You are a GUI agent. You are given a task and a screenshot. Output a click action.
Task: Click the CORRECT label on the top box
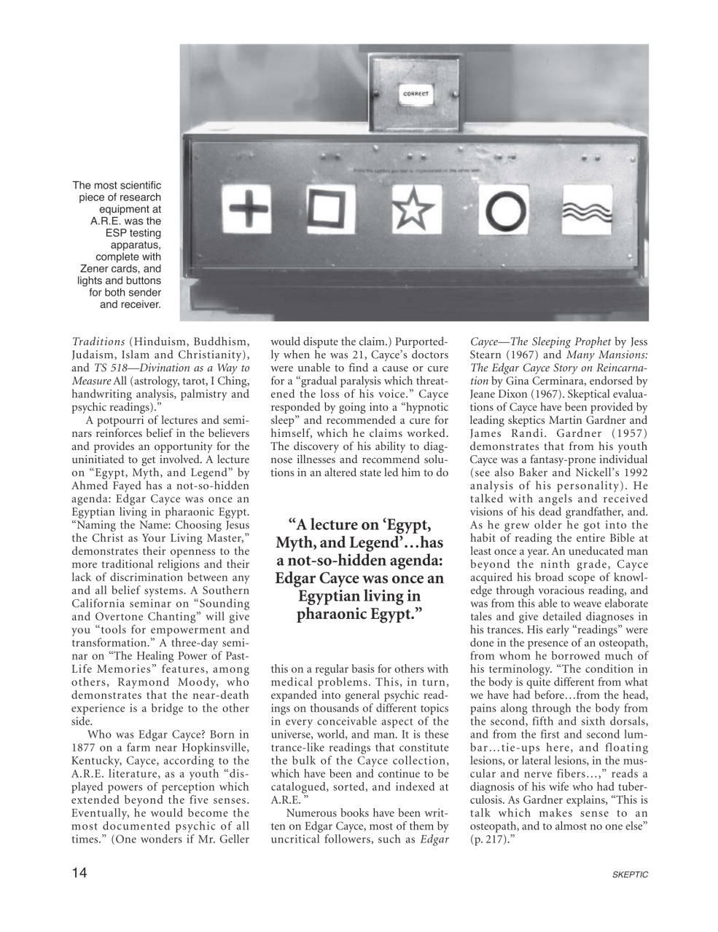tap(416, 94)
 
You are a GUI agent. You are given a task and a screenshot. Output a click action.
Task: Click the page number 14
tap(79, 874)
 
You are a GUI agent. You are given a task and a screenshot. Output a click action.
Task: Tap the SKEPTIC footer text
tap(631, 874)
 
